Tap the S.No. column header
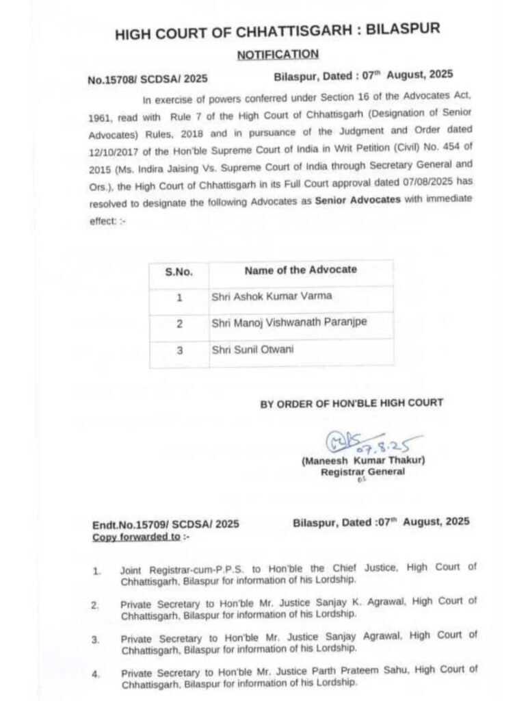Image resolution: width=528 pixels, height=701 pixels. (179, 271)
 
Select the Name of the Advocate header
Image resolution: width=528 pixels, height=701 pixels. (300, 270)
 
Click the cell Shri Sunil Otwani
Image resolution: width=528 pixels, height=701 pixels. (250, 349)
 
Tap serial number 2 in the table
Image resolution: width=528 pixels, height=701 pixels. (179, 323)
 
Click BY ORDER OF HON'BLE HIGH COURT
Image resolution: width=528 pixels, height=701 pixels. (352, 404)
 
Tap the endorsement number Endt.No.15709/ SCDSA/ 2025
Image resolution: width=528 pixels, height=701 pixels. (166, 524)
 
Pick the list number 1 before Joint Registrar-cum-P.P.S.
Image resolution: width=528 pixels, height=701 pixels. (96, 569)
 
